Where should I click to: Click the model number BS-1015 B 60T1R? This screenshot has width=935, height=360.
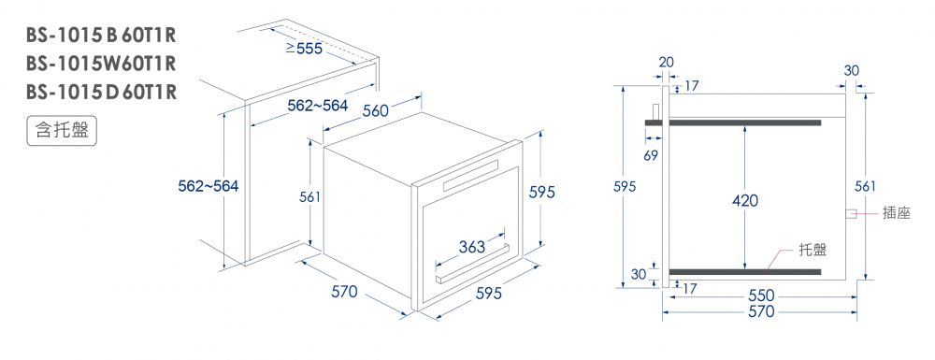(101, 36)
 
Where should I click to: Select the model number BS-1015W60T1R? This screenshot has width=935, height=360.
(101, 64)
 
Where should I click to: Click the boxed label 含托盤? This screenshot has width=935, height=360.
(62, 131)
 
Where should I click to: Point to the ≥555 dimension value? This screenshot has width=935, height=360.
(304, 49)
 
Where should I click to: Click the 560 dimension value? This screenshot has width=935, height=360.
(376, 111)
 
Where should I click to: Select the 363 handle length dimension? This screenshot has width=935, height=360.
(472, 246)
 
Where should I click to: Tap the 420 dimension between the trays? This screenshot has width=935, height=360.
(745, 201)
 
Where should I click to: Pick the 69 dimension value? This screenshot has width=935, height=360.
(651, 155)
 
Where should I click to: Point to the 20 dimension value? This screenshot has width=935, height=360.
(666, 63)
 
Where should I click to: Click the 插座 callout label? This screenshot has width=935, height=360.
(897, 213)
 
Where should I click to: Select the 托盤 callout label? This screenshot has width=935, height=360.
(813, 250)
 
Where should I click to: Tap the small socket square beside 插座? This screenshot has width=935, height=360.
(852, 213)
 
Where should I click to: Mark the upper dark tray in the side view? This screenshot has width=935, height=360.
(733, 122)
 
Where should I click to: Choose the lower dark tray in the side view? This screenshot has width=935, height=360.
(745, 272)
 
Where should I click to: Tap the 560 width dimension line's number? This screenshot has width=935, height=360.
(376, 111)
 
